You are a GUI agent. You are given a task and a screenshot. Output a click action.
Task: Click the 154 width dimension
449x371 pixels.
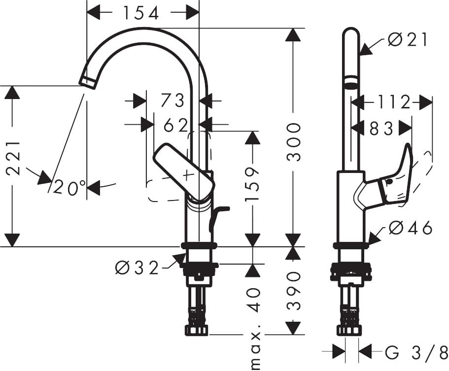[141, 13]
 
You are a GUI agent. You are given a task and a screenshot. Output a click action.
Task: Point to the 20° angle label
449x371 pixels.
[70, 188]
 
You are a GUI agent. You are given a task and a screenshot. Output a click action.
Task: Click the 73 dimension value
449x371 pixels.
[173, 101]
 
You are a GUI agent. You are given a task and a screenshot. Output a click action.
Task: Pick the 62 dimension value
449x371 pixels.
[175, 125]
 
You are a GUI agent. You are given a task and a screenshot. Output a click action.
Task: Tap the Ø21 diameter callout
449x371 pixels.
[408, 39]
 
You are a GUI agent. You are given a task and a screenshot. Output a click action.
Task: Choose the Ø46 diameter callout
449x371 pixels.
[410, 228]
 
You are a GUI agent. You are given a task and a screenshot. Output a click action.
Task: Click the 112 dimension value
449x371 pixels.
[394, 102]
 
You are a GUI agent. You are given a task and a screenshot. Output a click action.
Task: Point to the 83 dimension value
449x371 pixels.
[382, 128]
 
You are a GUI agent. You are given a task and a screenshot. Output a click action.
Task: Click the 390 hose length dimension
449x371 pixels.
[294, 290]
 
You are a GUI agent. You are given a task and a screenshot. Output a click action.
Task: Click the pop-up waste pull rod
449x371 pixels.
[217, 217]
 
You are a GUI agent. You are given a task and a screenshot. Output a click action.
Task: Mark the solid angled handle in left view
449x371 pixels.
[184, 172]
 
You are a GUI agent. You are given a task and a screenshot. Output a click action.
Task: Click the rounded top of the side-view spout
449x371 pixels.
[351, 34]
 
